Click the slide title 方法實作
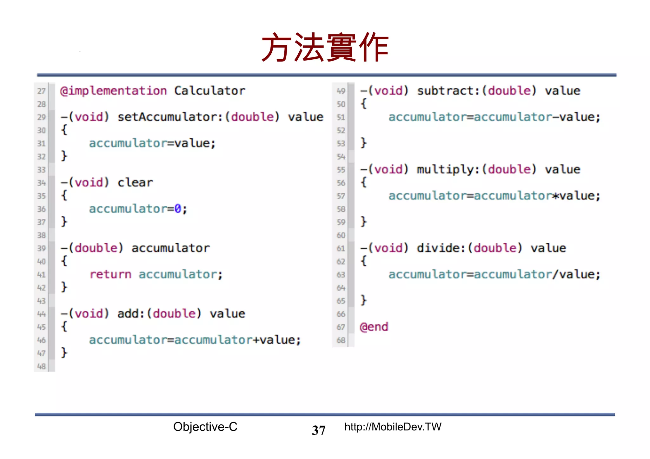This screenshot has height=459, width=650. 325,48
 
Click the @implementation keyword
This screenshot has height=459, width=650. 113,91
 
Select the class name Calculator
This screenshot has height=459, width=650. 209,91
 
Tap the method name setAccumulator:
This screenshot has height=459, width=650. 170,117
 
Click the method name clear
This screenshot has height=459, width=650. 135,183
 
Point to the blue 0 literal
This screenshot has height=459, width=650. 178,209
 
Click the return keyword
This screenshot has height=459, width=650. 110,274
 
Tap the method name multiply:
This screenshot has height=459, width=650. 448,170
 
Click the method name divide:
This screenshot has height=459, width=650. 441,248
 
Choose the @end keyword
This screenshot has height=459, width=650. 374,327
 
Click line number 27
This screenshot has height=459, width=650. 42,91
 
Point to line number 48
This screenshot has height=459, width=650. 42,366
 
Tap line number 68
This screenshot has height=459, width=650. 341,340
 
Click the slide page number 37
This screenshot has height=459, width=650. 319,430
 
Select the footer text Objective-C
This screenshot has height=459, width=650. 205,427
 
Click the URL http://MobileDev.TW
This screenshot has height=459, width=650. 393,427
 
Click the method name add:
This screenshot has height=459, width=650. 131,314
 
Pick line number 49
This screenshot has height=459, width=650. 341,91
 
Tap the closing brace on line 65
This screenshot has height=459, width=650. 364,300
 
